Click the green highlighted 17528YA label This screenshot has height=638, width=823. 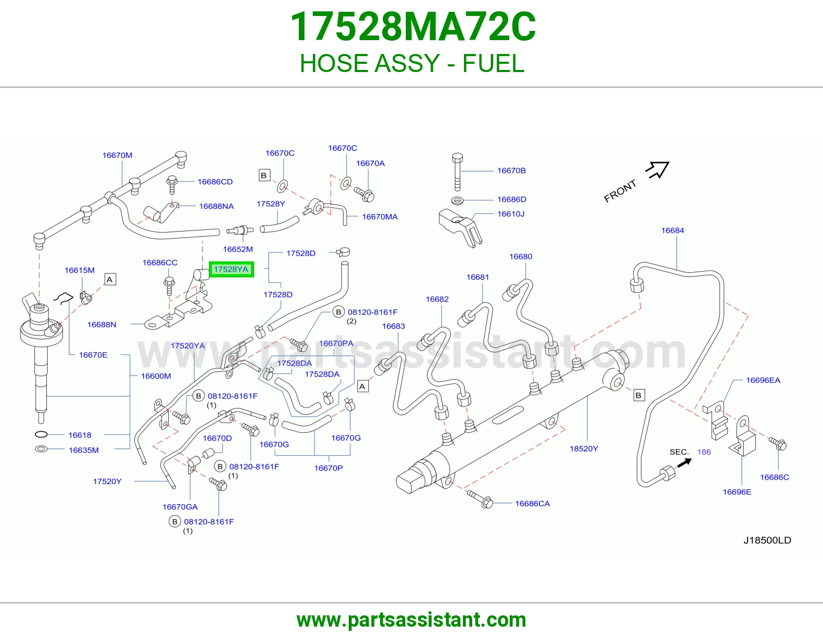pyautogui.click(x=231, y=270)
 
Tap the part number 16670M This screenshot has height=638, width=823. pyautogui.click(x=117, y=155)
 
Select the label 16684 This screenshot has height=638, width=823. pyautogui.click(x=673, y=231)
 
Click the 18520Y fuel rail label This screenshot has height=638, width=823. pyautogui.click(x=584, y=449)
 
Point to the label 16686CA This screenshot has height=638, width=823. pyautogui.click(x=532, y=504)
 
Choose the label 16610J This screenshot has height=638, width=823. pyautogui.click(x=511, y=214)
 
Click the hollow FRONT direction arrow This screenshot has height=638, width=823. pyautogui.click(x=657, y=169)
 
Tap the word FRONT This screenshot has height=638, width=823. pyautogui.click(x=620, y=191)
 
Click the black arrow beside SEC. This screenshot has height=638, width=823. pyautogui.click(x=684, y=463)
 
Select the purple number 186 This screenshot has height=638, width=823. pyautogui.click(x=704, y=452)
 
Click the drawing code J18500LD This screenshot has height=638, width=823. pyautogui.click(x=767, y=540)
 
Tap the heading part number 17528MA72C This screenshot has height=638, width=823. pyautogui.click(x=413, y=27)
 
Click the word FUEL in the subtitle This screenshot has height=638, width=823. pyautogui.click(x=493, y=63)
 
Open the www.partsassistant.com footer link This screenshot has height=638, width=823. pyautogui.click(x=411, y=620)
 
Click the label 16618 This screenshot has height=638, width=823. pyautogui.click(x=80, y=435)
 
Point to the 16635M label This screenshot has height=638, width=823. pyautogui.click(x=84, y=450)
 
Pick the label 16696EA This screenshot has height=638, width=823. pyautogui.click(x=763, y=380)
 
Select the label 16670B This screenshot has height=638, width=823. pyautogui.click(x=511, y=170)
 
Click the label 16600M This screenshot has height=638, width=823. pyautogui.click(x=156, y=376)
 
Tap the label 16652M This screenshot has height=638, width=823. pyautogui.click(x=238, y=250)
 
